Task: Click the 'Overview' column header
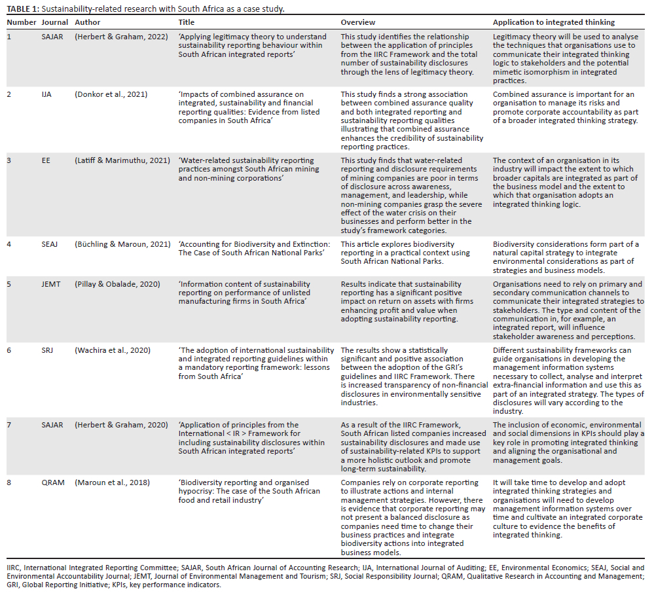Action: pyautogui.click(x=357, y=22)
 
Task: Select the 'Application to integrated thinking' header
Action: pyautogui.click(x=553, y=22)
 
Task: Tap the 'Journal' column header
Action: pyautogui.click(x=54, y=22)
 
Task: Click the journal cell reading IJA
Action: pyautogui.click(x=46, y=94)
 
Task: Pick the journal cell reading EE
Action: pyautogui.click(x=45, y=160)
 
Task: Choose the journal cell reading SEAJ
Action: pyautogui.click(x=50, y=244)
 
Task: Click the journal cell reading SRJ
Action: pyautogui.click(x=47, y=350)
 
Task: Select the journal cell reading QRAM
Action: pyautogui.click(x=52, y=482)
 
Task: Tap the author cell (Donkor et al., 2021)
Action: pyautogui.click(x=111, y=94)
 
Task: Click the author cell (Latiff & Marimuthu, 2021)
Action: pyautogui.click(x=120, y=160)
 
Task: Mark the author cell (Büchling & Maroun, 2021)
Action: pyautogui.click(x=122, y=244)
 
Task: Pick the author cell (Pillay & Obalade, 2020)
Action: pyautogui.click(x=117, y=284)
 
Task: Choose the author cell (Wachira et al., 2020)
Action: pyautogui.click(x=113, y=350)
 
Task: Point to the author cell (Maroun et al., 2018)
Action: pyautogui.click(x=112, y=482)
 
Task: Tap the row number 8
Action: pyautogui.click(x=9, y=482)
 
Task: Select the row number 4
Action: pyautogui.click(x=9, y=244)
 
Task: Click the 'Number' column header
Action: pyautogui.click(x=21, y=22)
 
